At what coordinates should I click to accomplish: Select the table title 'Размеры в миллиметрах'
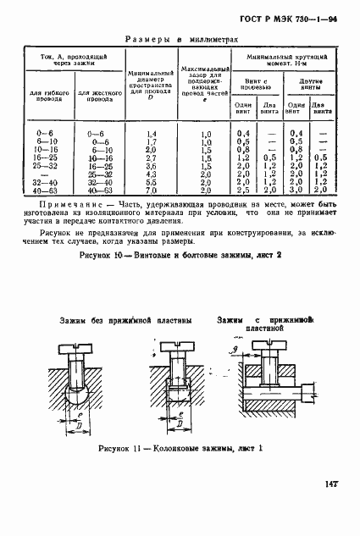tap(180, 38)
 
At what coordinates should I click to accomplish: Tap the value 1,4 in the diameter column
tap(152, 135)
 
